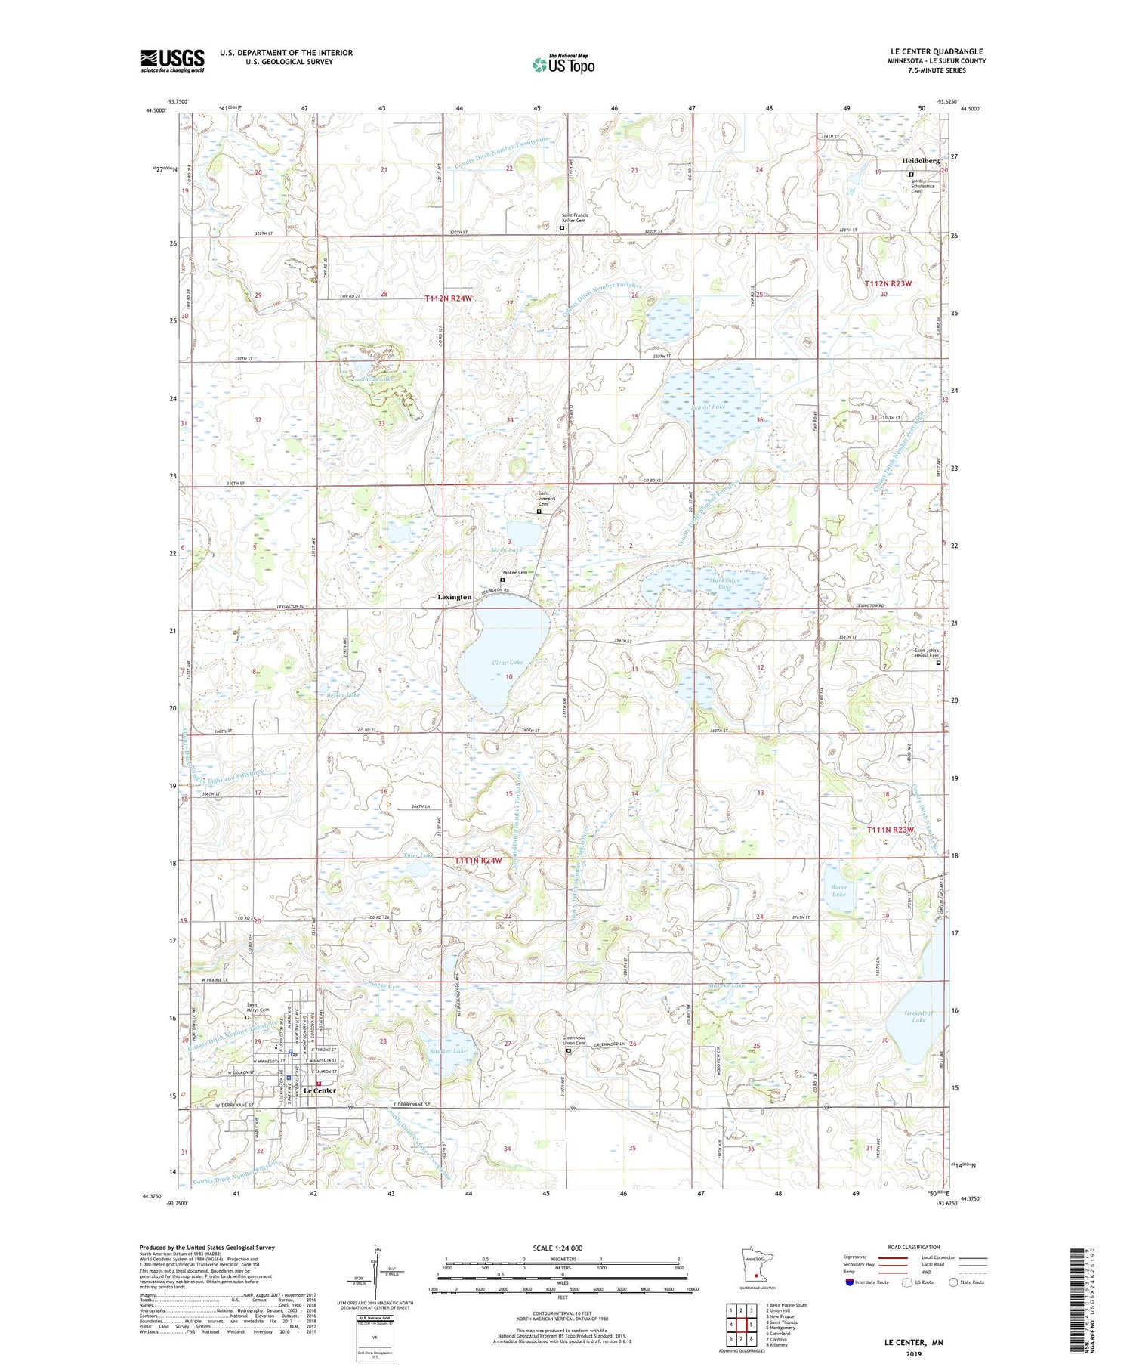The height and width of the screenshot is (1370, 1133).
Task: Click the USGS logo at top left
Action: [172, 60]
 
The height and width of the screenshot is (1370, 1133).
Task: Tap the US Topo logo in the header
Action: [563, 65]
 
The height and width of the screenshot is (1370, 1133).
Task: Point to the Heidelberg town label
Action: [920, 161]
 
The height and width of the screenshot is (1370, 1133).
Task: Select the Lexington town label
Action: [455, 597]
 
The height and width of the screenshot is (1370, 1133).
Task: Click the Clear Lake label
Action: [507, 663]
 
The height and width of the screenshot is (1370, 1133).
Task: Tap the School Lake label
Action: [709, 407]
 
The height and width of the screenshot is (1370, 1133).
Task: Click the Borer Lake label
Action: [839, 891]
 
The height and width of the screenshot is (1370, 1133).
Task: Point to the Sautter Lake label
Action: [449, 1051]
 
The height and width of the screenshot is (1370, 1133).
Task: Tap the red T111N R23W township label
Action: [890, 830]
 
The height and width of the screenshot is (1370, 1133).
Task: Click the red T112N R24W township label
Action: [448, 298]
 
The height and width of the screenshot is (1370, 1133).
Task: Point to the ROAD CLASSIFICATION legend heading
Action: [914, 1247]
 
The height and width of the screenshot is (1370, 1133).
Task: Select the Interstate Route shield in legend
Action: [850, 1282]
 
